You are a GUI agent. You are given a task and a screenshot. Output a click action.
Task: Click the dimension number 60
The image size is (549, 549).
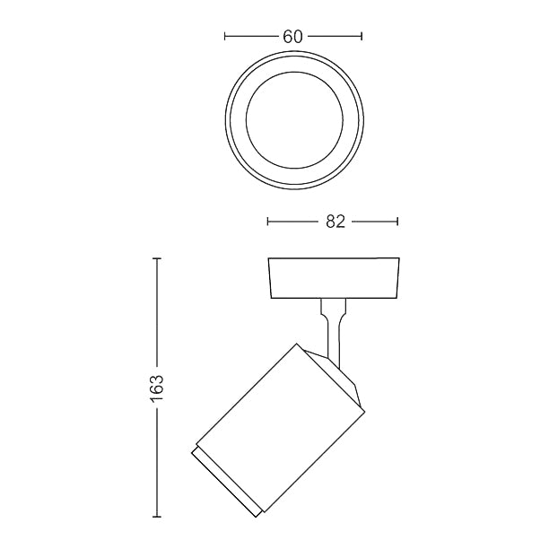(292, 37)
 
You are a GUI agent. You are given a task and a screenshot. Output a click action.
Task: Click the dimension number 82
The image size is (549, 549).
(335, 222)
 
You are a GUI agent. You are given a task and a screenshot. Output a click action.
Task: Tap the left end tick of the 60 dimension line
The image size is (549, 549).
(225, 37)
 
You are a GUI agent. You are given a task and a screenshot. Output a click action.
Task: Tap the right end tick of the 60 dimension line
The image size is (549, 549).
(361, 37)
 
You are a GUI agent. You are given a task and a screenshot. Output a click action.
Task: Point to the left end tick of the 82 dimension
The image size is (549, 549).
(268, 222)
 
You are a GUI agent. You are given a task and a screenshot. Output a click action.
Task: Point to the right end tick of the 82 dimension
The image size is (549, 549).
(398, 222)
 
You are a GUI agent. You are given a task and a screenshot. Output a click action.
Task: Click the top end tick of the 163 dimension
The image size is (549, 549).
(158, 258)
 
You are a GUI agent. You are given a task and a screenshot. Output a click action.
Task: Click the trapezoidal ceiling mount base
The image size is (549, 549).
(334, 278)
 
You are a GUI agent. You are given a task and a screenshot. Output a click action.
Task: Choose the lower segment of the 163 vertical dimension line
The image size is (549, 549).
(158, 466)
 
